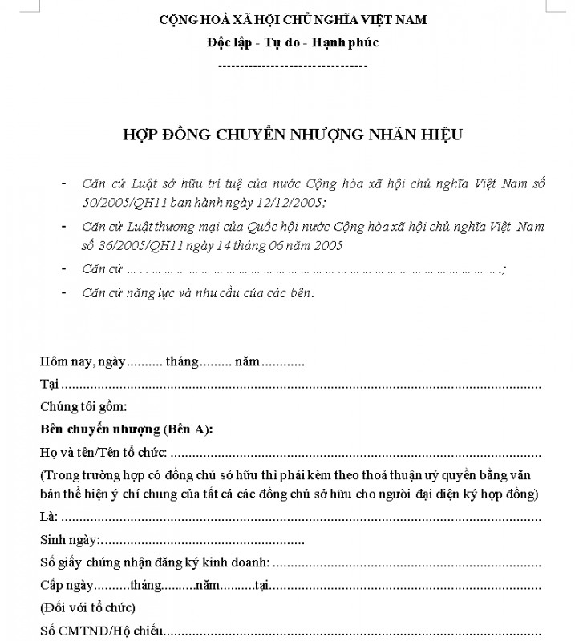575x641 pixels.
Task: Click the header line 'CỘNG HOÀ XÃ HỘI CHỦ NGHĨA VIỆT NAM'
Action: [293, 20]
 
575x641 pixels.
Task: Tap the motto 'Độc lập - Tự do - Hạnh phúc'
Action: [293, 42]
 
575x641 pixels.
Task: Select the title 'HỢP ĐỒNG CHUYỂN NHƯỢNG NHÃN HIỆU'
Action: [293, 134]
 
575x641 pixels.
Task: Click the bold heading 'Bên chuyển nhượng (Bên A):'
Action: [126, 429]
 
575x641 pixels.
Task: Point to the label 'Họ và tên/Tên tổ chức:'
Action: [103, 451]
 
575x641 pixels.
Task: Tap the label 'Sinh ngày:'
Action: [70, 540]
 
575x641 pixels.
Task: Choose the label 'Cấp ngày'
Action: [67, 585]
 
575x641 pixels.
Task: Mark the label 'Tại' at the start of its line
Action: [49, 384]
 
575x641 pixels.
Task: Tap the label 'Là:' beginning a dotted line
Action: [49, 518]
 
